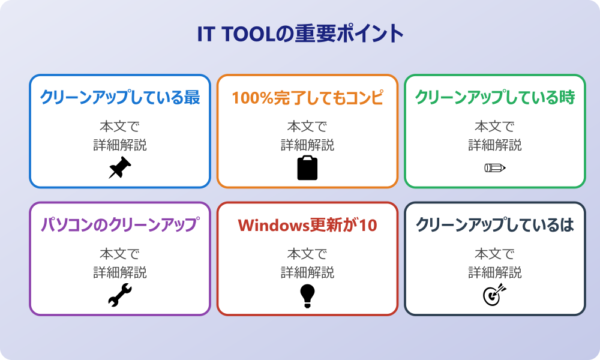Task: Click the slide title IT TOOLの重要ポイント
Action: tap(300, 34)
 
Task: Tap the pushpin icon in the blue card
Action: tap(120, 168)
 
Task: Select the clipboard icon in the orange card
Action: tap(307, 168)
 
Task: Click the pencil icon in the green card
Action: tap(494, 168)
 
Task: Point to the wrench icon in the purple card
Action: tap(120, 295)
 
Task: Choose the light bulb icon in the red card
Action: tap(307, 295)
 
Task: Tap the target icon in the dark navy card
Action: tap(494, 295)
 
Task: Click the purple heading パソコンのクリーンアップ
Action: tap(120, 225)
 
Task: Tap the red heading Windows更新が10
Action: tap(307, 225)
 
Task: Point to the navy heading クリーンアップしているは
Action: tap(495, 225)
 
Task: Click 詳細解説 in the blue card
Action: tap(120, 145)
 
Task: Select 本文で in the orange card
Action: tap(307, 127)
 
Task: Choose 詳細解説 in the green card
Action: tap(495, 145)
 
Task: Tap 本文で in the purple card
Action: tap(120, 254)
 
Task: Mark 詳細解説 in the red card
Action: tap(307, 272)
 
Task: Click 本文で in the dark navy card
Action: tap(495, 254)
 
